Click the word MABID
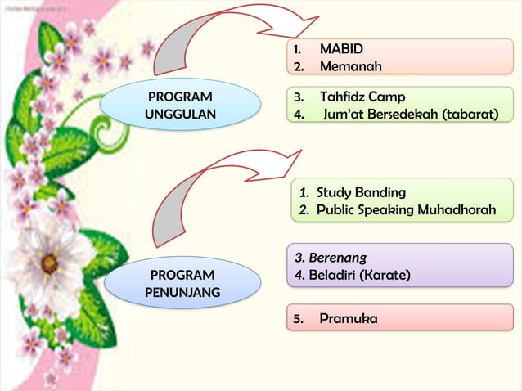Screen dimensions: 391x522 coord(341,49)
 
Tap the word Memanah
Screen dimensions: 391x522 coord(350,65)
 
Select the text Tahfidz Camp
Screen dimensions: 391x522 coord(362,97)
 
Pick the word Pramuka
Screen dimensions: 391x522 coord(349,318)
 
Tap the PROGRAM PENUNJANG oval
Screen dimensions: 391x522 coord(182,283)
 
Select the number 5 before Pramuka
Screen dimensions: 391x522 coord(298,318)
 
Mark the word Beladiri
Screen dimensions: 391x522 coord(333,274)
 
